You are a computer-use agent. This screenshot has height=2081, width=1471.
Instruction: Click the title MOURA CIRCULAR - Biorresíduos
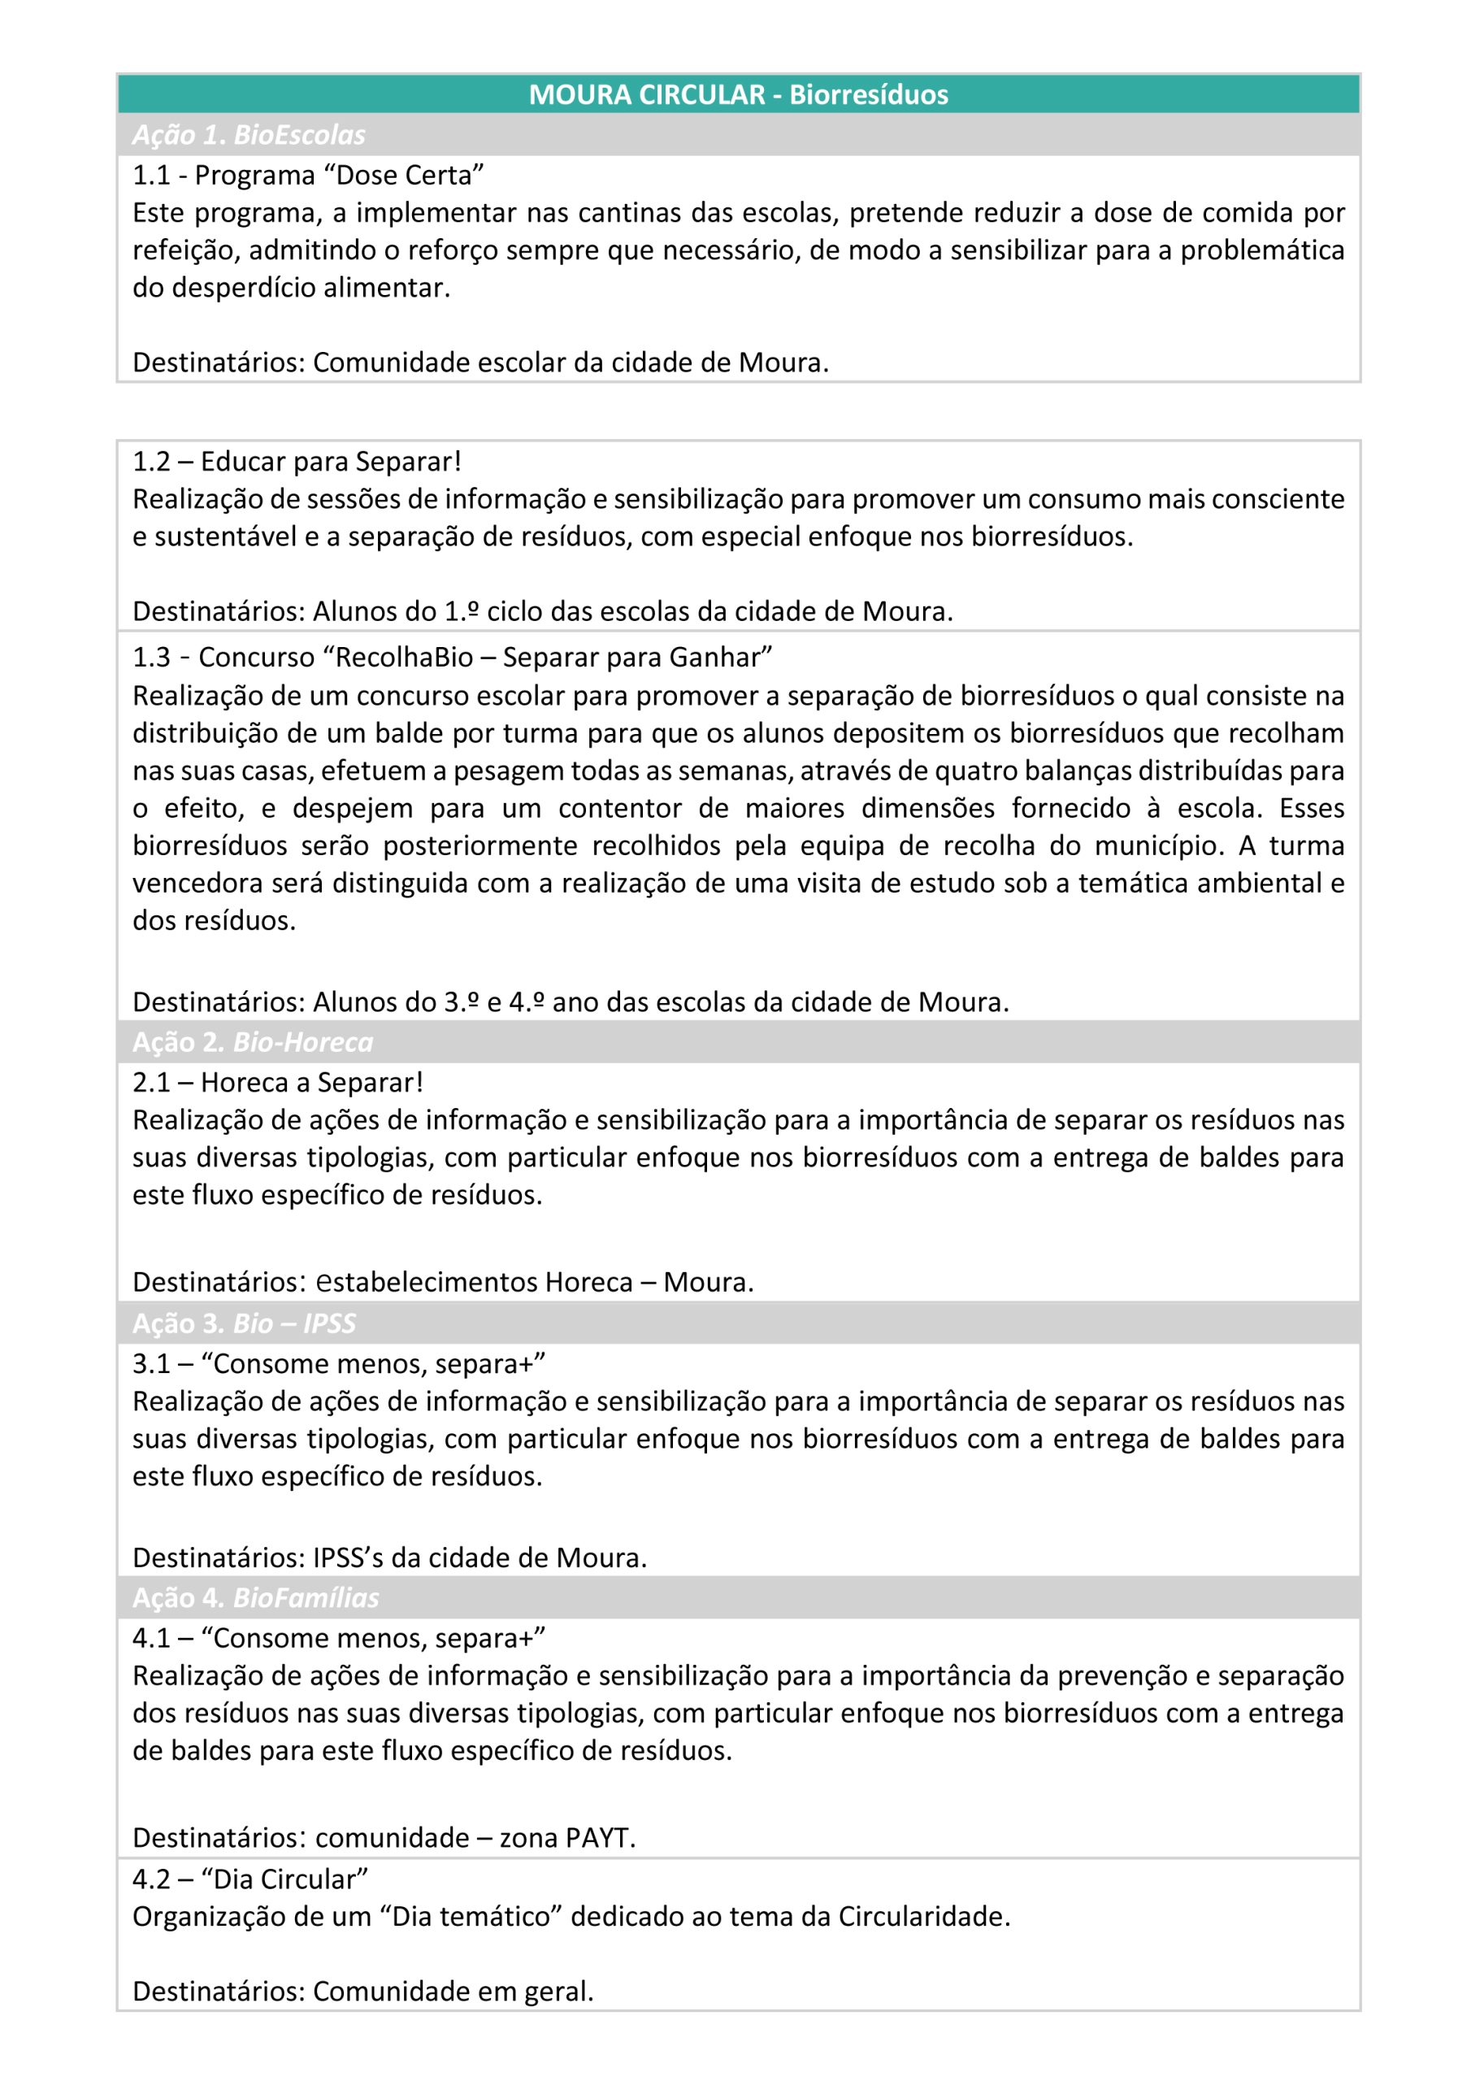(x=738, y=94)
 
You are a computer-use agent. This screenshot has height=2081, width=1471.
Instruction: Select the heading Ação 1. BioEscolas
(x=249, y=135)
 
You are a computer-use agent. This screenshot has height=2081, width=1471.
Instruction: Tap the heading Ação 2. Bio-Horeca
(x=252, y=1042)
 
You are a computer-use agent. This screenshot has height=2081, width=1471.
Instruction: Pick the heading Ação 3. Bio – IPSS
(x=244, y=1323)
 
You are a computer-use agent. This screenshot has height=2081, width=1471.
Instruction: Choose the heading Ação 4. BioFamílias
(x=255, y=1597)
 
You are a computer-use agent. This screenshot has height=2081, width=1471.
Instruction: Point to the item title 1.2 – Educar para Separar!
(x=297, y=462)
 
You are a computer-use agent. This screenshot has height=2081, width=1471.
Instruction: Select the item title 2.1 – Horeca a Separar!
(x=277, y=1082)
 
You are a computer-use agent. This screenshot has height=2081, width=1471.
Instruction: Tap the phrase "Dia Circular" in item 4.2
(x=284, y=1879)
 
